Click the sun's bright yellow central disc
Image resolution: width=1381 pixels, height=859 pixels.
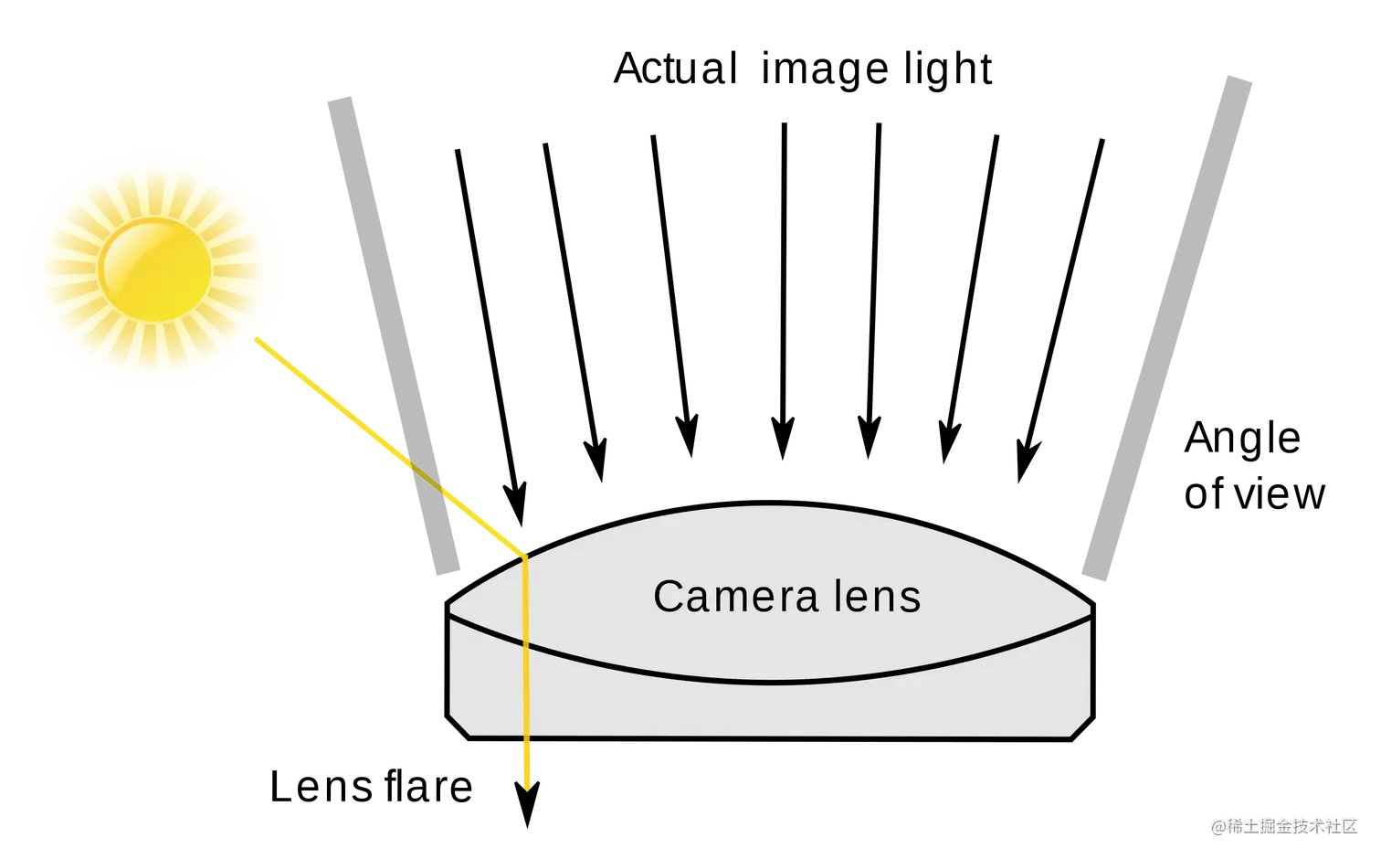coord(155,269)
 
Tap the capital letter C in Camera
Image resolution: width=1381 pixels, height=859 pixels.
coord(669,597)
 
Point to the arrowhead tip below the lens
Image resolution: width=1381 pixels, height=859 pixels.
coord(526,790)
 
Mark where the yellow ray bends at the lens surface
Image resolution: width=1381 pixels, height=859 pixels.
coord(525,557)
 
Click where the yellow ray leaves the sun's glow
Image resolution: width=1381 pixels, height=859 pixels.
coord(258,341)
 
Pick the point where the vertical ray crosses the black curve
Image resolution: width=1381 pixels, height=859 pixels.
coord(526,644)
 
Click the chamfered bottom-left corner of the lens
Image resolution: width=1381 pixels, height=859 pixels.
coord(460,725)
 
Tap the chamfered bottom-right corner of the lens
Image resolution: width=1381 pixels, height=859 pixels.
coord(1081,726)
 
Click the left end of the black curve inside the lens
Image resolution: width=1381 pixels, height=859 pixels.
coord(452,615)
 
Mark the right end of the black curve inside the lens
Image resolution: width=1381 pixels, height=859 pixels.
coord(1090,615)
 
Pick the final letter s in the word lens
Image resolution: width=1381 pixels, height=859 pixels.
coord(911,599)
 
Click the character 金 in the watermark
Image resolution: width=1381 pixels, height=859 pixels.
coord(1281,825)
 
